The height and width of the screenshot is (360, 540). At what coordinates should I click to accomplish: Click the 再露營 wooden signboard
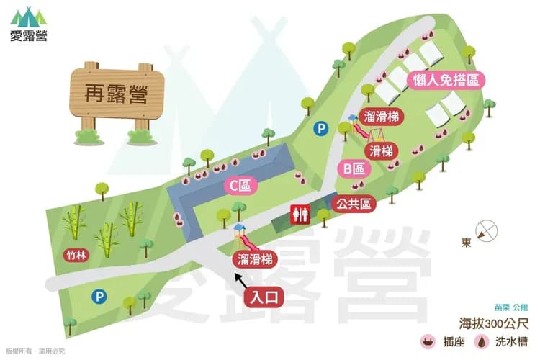click(x=118, y=94)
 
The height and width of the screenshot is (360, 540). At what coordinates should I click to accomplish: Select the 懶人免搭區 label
click(x=446, y=81)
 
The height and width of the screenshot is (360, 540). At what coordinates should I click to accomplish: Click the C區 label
click(x=240, y=186)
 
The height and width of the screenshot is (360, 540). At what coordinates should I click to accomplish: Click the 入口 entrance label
click(x=263, y=295)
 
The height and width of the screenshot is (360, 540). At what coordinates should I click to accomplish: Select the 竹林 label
click(x=77, y=253)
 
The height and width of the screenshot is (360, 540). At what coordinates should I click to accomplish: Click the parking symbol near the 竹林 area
click(x=99, y=296)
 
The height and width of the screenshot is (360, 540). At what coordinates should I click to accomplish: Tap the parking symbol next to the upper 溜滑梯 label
click(x=320, y=128)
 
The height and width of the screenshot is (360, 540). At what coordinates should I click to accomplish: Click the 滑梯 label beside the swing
click(x=382, y=151)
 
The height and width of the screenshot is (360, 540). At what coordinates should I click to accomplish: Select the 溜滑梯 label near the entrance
click(x=253, y=259)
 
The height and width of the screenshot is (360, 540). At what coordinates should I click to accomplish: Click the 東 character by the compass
click(x=467, y=243)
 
